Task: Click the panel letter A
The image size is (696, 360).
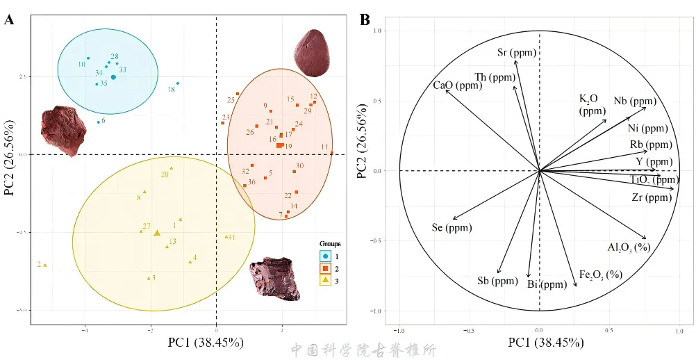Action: (9, 19)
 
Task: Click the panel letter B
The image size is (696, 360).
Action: (365, 19)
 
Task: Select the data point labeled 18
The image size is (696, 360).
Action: (178, 83)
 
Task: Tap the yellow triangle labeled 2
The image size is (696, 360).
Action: (45, 265)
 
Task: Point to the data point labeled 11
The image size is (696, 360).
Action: (331, 153)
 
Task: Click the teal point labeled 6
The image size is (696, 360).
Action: (99, 122)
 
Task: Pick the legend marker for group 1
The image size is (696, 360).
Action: (326, 257)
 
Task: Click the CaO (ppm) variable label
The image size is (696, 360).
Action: (457, 86)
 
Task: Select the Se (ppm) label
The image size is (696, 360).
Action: (451, 227)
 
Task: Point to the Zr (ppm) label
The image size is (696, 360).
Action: (652, 197)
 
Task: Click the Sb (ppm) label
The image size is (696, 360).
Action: (497, 281)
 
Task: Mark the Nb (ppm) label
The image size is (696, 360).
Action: (634, 101)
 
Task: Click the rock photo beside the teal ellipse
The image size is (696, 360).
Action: (61, 130)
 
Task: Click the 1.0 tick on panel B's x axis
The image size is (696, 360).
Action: (679, 330)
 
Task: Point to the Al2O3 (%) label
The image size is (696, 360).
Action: (628, 247)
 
